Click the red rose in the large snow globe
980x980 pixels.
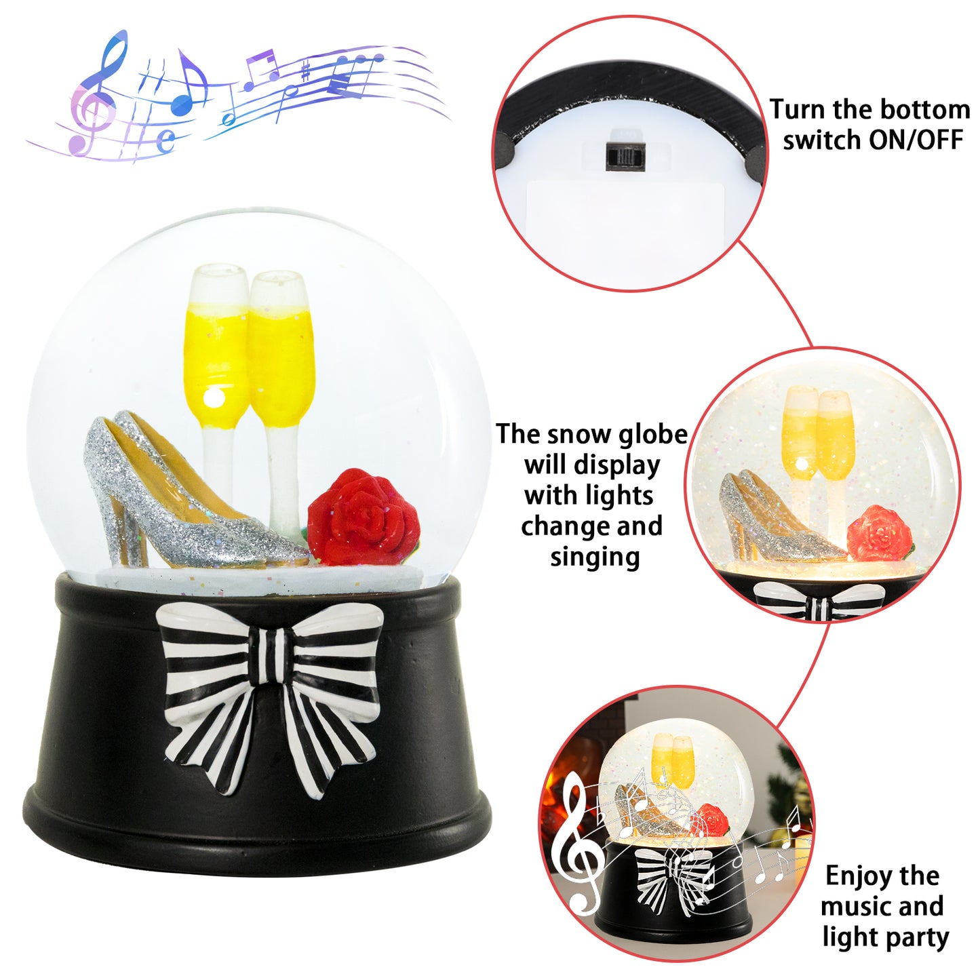(364, 517)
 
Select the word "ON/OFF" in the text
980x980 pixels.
(916, 140)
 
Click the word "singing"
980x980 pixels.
(595, 557)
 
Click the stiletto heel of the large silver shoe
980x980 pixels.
(116, 522)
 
